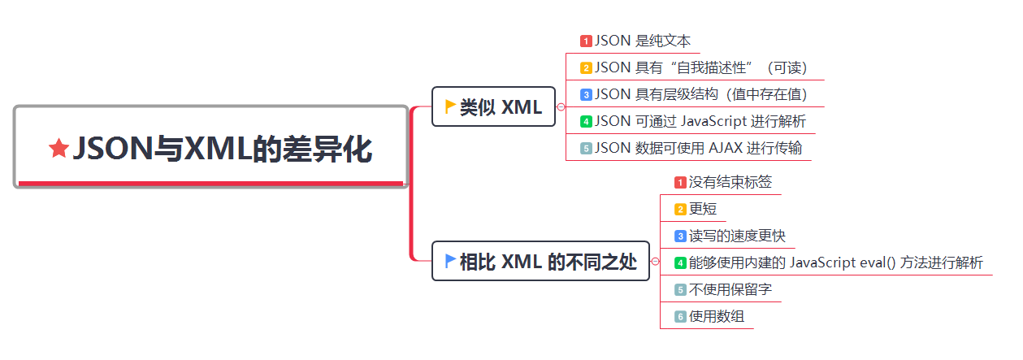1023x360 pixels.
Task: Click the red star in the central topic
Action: click(59, 149)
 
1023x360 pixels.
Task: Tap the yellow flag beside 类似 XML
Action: click(450, 106)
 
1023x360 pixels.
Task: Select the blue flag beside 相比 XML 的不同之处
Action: click(450, 260)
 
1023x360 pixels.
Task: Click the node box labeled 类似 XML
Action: click(493, 106)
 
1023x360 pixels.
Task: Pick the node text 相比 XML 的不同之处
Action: click(548, 262)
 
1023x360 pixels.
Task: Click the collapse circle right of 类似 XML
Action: click(561, 106)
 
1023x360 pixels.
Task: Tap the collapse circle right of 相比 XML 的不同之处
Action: click(655, 262)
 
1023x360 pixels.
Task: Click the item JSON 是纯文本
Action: click(642, 41)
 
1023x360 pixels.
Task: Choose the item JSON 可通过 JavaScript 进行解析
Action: click(700, 121)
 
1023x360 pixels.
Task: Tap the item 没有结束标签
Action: click(730, 182)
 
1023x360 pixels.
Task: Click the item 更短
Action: click(703, 209)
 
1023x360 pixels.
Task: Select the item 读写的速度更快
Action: click(736, 236)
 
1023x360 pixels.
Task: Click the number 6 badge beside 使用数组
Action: click(681, 317)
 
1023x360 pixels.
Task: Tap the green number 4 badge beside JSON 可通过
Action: click(586, 122)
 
